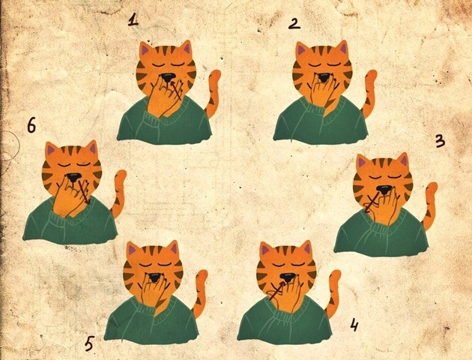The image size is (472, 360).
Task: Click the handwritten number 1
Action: tap(133, 20)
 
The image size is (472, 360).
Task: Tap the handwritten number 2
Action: tap(294, 23)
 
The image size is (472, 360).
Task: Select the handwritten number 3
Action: tap(440, 141)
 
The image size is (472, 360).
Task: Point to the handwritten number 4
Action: tap(354, 325)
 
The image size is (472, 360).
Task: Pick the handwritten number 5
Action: tap(89, 343)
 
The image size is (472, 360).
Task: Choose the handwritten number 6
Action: tap(31, 125)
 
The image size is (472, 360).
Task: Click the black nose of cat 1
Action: tap(167, 77)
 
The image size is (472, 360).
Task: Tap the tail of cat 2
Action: tap(369, 94)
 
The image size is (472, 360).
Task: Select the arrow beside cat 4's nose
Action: tap(276, 291)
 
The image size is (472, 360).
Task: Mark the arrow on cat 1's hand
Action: tap(177, 90)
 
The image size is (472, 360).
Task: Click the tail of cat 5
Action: tap(199, 294)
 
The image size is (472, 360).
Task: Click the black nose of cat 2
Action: tap(324, 77)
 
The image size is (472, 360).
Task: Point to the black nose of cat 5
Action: tap(155, 277)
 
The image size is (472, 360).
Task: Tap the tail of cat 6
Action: tap(118, 193)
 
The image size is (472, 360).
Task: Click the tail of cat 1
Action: tap(212, 94)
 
